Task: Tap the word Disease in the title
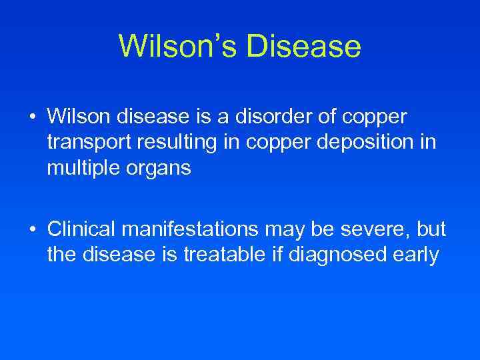pyautogui.click(x=303, y=47)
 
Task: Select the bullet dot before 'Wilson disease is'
pyautogui.click(x=33, y=117)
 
